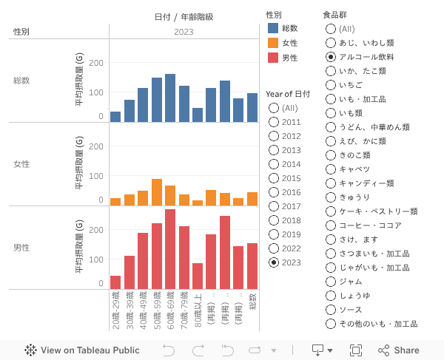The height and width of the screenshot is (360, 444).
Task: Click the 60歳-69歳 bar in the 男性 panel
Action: pos(170,249)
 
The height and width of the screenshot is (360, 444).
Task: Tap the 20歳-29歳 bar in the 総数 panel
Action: pos(115,117)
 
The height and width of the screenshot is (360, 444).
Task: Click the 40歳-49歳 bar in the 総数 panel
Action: pos(143,105)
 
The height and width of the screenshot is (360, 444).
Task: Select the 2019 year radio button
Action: pos(274,234)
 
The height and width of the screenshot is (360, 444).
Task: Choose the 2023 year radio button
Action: pos(274,262)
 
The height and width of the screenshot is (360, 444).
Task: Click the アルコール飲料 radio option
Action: pos(331,57)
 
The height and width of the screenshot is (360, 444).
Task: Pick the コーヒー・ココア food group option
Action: pos(331,225)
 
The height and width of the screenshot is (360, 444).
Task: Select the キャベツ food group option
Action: pos(331,169)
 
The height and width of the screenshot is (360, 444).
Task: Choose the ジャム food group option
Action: pos(331,282)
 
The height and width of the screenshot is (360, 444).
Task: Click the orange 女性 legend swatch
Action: pos(274,43)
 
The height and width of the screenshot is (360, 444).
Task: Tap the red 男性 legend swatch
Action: pos(274,58)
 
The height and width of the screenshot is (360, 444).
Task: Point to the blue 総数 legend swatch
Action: pos(274,28)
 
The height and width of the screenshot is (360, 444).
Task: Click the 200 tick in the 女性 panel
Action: pos(96,146)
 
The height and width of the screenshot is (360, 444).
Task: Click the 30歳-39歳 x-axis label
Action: pos(129,310)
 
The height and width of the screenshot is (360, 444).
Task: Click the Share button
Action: pos(399,350)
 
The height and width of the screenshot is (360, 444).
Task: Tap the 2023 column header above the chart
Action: pos(184,32)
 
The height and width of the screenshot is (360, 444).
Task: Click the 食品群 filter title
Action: pos(335,15)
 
